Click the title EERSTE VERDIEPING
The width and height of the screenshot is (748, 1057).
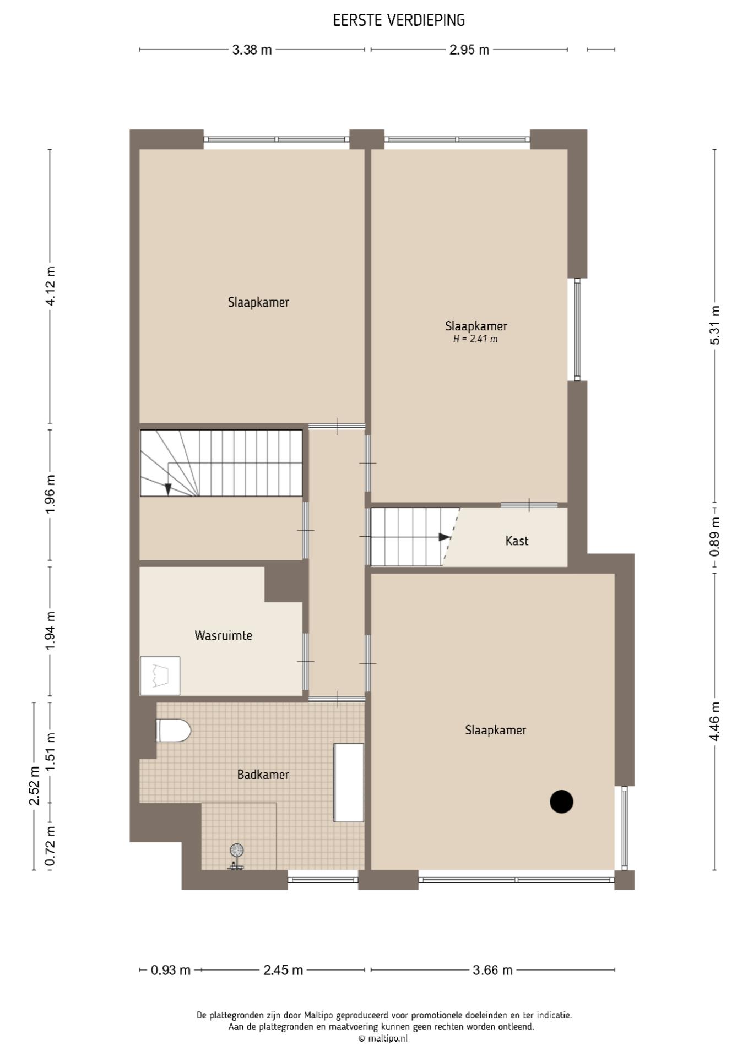(399, 20)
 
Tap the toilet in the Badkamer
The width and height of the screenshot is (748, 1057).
(174, 731)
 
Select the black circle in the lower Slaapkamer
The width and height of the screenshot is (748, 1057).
(561, 802)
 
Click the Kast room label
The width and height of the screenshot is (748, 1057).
(517, 541)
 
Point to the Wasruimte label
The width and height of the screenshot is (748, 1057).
(223, 635)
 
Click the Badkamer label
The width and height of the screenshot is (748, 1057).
(263, 775)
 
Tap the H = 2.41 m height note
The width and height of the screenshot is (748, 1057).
(475, 339)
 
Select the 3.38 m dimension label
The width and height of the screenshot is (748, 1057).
(252, 50)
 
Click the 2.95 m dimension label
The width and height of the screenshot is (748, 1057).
(469, 50)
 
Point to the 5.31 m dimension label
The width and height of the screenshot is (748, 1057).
(714, 325)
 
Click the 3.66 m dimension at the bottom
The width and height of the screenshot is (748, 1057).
(492, 970)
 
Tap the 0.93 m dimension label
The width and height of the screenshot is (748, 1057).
(171, 970)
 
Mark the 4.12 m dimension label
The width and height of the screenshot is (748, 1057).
(50, 286)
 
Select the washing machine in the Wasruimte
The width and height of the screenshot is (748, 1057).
(160, 675)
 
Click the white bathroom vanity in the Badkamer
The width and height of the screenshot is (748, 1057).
(349, 783)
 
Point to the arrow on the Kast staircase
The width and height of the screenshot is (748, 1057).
(445, 537)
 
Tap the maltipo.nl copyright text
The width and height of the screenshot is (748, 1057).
(383, 1039)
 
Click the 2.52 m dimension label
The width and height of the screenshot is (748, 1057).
(34, 786)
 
